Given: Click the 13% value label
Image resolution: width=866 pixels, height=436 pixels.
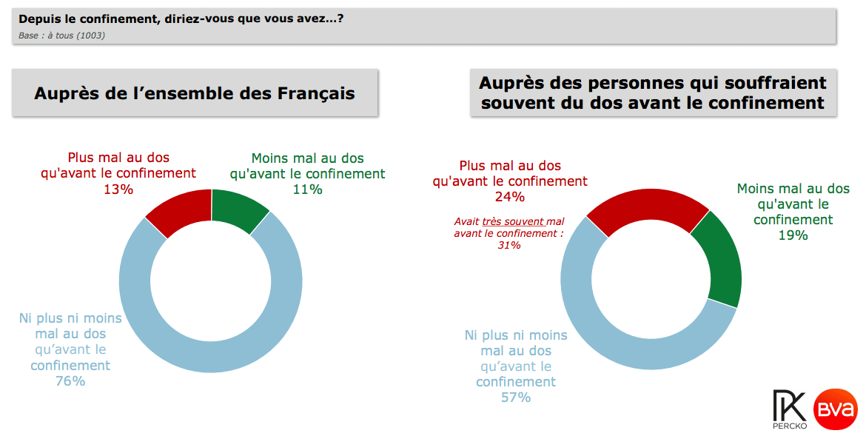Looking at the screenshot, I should [x=118, y=190].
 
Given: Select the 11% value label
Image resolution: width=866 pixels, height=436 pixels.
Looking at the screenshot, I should [x=307, y=190].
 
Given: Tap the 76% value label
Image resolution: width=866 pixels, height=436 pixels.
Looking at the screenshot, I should [x=70, y=381].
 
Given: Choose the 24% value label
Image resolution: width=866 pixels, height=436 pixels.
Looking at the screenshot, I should [x=509, y=197].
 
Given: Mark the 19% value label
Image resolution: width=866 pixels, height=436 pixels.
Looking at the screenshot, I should [x=793, y=235].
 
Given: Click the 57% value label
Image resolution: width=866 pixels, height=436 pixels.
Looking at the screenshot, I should [x=516, y=398].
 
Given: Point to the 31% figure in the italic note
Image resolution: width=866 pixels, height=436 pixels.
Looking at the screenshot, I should [x=509, y=245].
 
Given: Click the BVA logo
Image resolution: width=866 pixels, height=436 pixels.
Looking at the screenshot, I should [x=836, y=409].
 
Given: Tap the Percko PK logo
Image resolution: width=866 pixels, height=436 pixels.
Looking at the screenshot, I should [x=788, y=409].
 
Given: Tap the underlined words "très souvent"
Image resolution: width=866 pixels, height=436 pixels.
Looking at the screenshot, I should [x=513, y=221].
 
